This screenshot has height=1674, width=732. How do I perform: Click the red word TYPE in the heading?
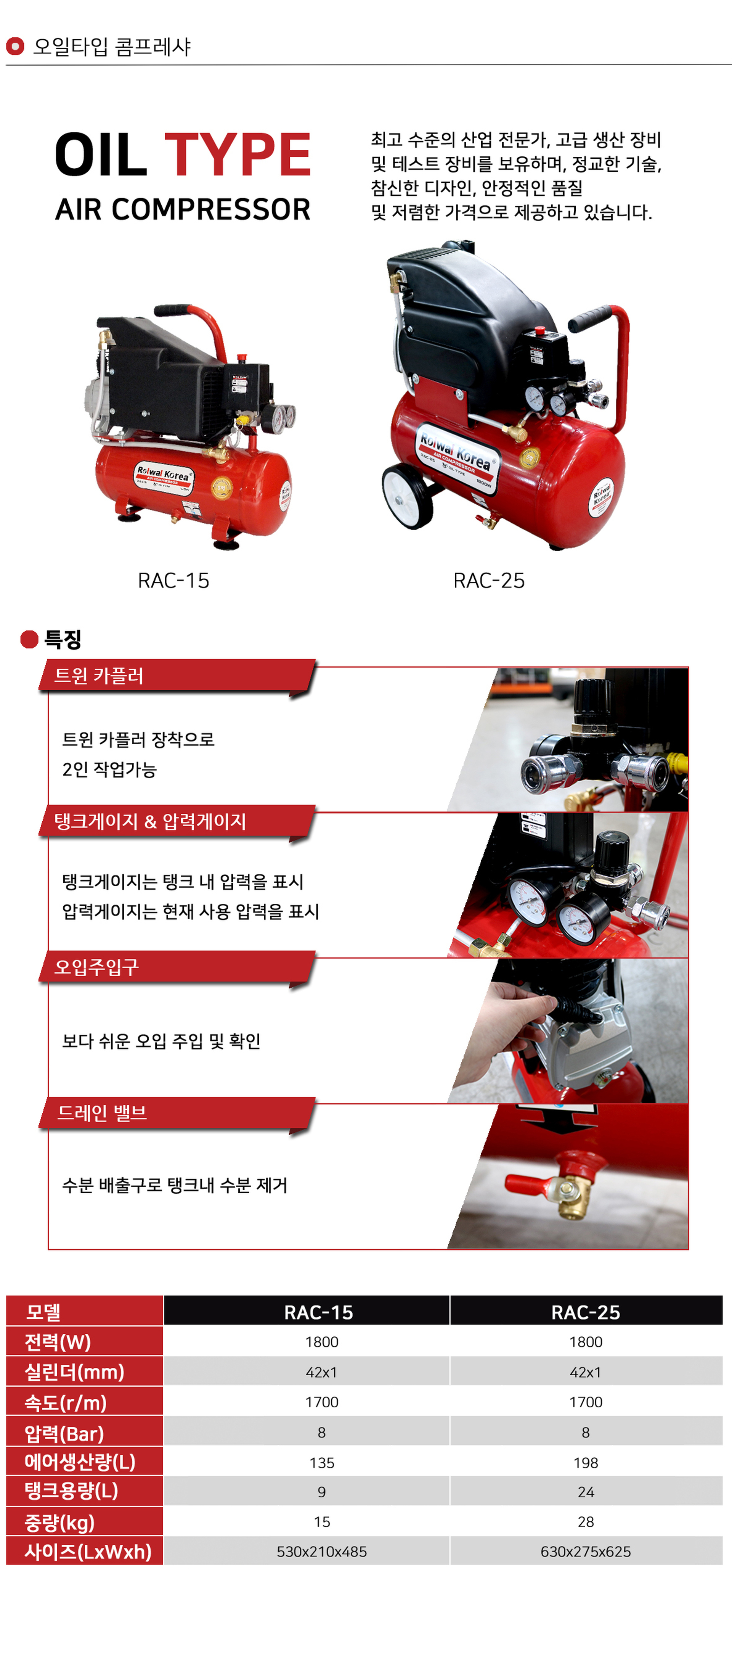click(238, 155)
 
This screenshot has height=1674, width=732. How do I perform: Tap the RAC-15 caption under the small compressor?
click(173, 580)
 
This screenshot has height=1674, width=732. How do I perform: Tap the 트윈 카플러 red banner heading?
click(99, 676)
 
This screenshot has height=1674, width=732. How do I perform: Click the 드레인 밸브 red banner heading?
click(102, 1112)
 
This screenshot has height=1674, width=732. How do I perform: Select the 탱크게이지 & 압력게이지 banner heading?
click(150, 821)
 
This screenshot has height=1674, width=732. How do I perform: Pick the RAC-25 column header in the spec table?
click(586, 1312)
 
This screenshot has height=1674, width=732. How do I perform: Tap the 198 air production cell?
click(586, 1463)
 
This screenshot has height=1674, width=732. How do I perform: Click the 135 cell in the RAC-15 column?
click(321, 1463)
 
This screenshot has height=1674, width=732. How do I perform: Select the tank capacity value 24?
click(586, 1492)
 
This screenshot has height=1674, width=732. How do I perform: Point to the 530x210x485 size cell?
click(321, 1552)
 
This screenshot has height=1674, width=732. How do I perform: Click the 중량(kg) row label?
click(60, 1522)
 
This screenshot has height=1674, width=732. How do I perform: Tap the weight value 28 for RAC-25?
click(586, 1522)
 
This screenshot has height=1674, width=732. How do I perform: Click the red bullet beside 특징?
click(29, 639)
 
